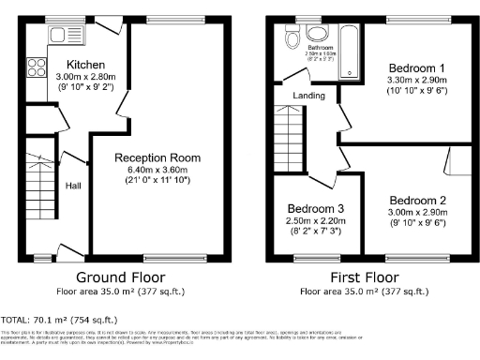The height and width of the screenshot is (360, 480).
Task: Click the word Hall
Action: click(x=73, y=186)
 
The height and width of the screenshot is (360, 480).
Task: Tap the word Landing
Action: click(x=309, y=96)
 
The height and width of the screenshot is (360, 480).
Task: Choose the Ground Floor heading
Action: click(x=120, y=277)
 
